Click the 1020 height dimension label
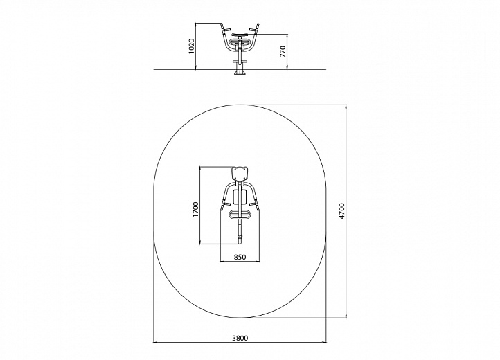pyautogui.click(x=191, y=46)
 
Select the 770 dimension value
pyautogui.click(x=283, y=51)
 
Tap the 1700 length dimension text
pyautogui.click(x=195, y=210)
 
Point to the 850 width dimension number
pyautogui.click(x=240, y=257)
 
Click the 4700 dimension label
pyautogui.click(x=342, y=210)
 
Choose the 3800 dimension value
pyautogui.click(x=240, y=338)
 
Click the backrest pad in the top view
pyautogui.click(x=240, y=174)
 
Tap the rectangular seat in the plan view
pyautogui.click(x=240, y=197)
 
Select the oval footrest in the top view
pyautogui.click(x=240, y=215)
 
